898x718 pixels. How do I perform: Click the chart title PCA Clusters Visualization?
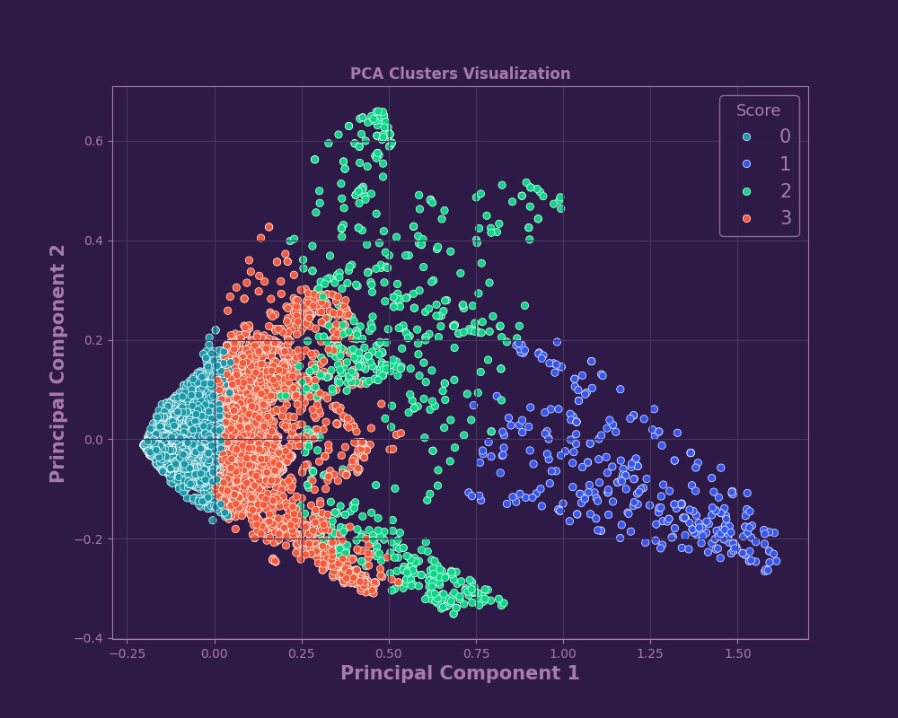460,74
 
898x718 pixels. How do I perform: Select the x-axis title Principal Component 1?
460,673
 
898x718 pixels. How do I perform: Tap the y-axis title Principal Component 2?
57,363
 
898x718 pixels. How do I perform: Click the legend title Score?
758,110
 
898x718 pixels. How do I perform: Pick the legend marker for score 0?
746,136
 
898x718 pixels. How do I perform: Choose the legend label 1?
785,163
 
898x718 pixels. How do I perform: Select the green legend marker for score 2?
746,191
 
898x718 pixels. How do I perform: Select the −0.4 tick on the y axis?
92,638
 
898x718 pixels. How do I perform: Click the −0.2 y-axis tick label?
92,539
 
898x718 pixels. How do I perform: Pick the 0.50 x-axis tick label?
388,654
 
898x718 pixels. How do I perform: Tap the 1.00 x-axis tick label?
563,654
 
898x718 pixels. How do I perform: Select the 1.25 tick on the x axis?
650,654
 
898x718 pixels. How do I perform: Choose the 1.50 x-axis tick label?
737,654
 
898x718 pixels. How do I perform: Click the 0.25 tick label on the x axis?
301,654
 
